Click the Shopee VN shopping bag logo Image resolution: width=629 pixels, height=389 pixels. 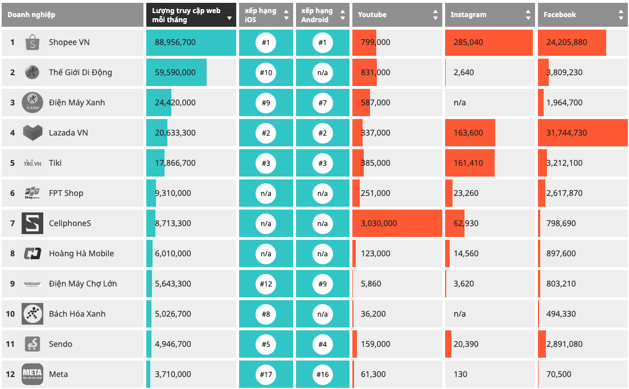pyautogui.click(x=32, y=42)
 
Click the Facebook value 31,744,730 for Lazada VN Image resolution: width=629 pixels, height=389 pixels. pyautogui.click(x=566, y=133)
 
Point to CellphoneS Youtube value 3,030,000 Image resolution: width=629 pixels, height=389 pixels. pyautogui.click(x=379, y=223)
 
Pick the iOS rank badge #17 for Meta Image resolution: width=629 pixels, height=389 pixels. pyautogui.click(x=266, y=375)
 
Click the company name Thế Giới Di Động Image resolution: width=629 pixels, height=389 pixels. pyautogui.click(x=80, y=73)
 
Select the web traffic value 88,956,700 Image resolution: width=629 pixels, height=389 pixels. pyautogui.click(x=175, y=42)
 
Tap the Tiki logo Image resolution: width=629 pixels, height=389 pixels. pyautogui.click(x=32, y=163)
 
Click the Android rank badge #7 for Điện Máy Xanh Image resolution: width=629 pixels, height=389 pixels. pyautogui.click(x=323, y=103)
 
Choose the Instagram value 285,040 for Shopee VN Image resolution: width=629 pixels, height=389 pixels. pyautogui.click(x=468, y=42)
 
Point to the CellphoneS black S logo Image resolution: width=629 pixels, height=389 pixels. pyautogui.click(x=32, y=223)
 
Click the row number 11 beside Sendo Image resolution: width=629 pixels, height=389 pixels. pyautogui.click(x=10, y=344)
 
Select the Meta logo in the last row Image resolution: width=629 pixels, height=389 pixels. pyautogui.click(x=32, y=374)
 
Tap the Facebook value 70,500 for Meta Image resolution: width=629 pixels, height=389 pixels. pyautogui.click(x=559, y=374)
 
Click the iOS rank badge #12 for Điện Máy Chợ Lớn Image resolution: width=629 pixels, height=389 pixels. pyautogui.click(x=266, y=284)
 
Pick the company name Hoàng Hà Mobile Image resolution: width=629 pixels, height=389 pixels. pyautogui.click(x=81, y=253)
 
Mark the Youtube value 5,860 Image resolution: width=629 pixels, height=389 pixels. pyautogui.click(x=371, y=284)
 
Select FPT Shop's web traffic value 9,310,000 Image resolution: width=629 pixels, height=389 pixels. pyautogui.click(x=173, y=193)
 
